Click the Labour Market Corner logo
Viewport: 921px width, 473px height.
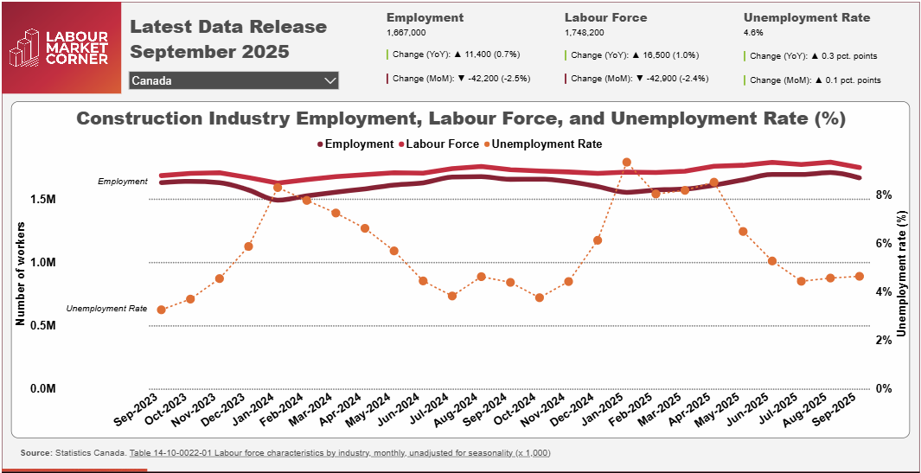point(59,48)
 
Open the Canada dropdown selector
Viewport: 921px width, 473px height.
point(233,80)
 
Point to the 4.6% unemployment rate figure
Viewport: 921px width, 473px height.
point(753,33)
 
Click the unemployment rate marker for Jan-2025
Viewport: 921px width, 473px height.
point(627,163)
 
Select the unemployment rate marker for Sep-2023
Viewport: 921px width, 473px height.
point(162,310)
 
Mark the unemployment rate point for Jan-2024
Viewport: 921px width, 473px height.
point(278,187)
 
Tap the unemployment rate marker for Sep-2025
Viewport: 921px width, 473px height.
point(859,276)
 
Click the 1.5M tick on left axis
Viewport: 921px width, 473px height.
point(43,200)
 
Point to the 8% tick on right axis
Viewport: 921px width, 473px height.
point(883,195)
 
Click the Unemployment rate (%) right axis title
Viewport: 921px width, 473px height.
point(903,272)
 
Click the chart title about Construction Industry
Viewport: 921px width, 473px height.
point(461,118)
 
